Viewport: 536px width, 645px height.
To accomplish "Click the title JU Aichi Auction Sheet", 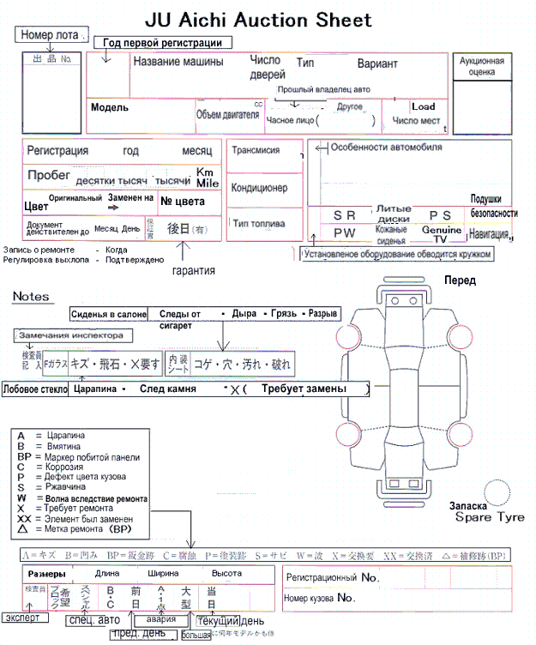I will [258, 20].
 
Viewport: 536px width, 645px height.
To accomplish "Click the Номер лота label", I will [51, 35].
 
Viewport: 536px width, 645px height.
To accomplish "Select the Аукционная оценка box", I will [481, 67].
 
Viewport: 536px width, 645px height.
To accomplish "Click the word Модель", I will [109, 107].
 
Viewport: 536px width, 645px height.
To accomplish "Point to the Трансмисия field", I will [256, 149].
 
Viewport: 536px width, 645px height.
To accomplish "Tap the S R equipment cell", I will [344, 215].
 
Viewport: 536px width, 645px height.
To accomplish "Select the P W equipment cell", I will [344, 232].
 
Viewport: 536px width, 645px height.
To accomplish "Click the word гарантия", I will [193, 270].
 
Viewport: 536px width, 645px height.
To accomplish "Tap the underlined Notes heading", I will [31, 297].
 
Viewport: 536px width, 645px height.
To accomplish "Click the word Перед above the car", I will [460, 280].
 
